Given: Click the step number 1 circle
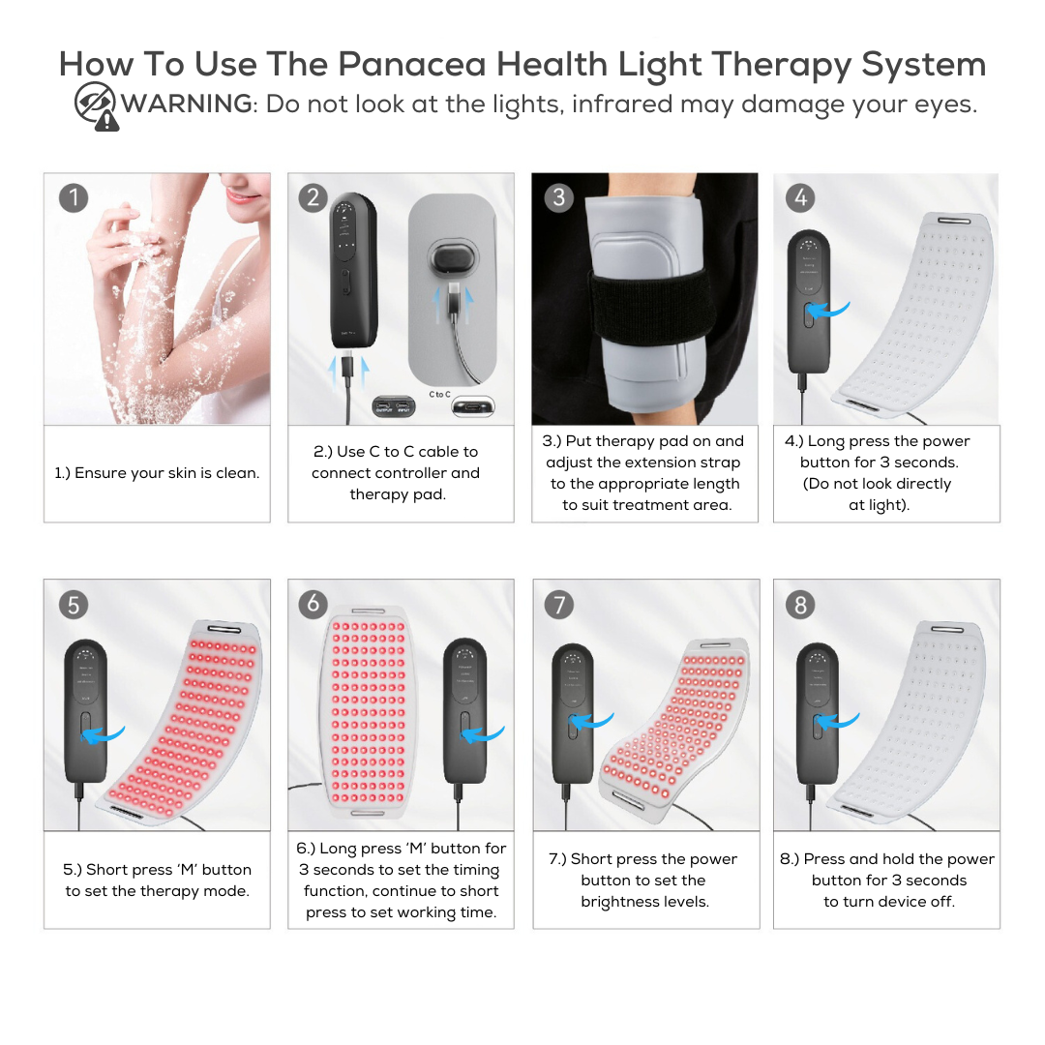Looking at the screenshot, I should (74, 198).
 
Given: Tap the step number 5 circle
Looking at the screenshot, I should (74, 605).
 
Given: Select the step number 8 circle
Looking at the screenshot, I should (800, 605).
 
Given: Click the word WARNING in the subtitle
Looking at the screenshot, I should (187, 104).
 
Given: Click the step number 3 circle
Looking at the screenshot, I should (558, 198).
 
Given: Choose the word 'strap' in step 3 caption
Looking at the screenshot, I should (720, 463).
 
